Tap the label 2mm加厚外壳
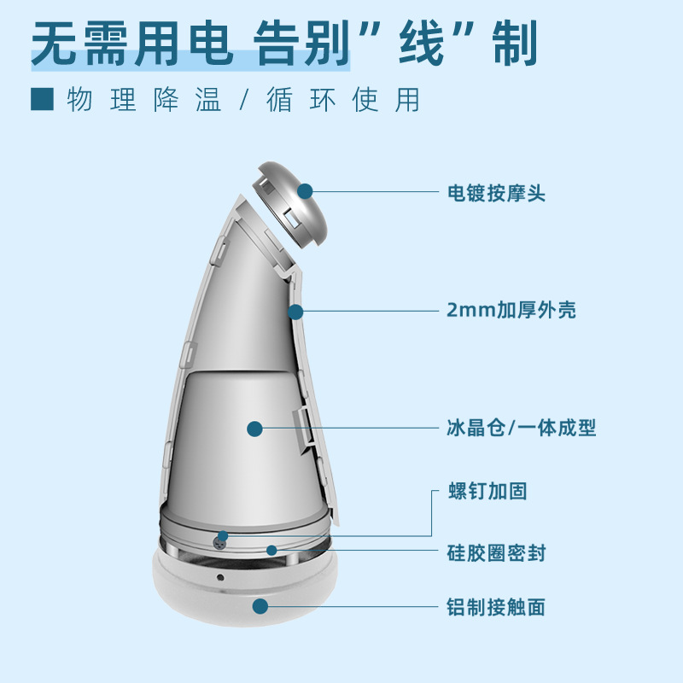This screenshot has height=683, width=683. tap(511, 311)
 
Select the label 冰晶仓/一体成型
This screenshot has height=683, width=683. tap(521, 428)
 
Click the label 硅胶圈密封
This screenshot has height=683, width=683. tap(496, 552)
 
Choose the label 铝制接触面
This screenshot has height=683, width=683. tap(496, 607)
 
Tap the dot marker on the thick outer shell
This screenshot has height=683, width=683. tap(295, 312)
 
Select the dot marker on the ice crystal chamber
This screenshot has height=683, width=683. tap(254, 428)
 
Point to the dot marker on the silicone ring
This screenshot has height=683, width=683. tap(271, 550)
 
